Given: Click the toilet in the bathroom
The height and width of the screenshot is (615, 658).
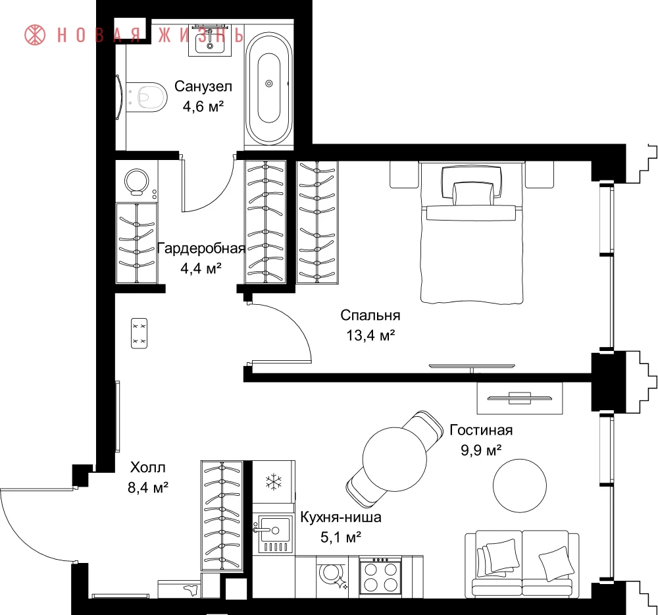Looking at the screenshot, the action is (146, 97).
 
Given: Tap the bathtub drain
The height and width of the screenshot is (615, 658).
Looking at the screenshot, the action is (269, 84).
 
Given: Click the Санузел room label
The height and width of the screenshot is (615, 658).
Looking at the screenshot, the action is (203, 86).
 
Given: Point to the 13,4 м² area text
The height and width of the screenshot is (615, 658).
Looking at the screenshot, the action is (370, 335).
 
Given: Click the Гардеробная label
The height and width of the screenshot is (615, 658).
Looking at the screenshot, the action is (201, 248).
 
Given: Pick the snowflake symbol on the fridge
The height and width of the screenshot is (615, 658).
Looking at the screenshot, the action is (274, 482).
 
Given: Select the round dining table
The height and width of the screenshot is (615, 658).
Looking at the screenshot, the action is (394, 459).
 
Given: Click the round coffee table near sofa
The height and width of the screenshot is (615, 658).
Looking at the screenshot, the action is (520, 485).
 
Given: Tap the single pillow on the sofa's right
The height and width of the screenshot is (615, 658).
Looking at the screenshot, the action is (555, 563).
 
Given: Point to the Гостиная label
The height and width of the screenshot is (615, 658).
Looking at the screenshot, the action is (482, 430).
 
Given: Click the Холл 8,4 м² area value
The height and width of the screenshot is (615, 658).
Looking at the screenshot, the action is (147, 487).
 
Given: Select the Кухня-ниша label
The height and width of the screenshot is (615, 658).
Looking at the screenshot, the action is (341, 517).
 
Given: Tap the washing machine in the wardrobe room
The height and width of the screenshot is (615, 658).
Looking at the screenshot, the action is (137, 181).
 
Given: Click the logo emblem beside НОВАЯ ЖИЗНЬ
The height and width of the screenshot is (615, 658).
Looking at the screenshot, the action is (35, 34).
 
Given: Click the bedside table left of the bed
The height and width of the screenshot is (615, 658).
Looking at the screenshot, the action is (405, 174).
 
